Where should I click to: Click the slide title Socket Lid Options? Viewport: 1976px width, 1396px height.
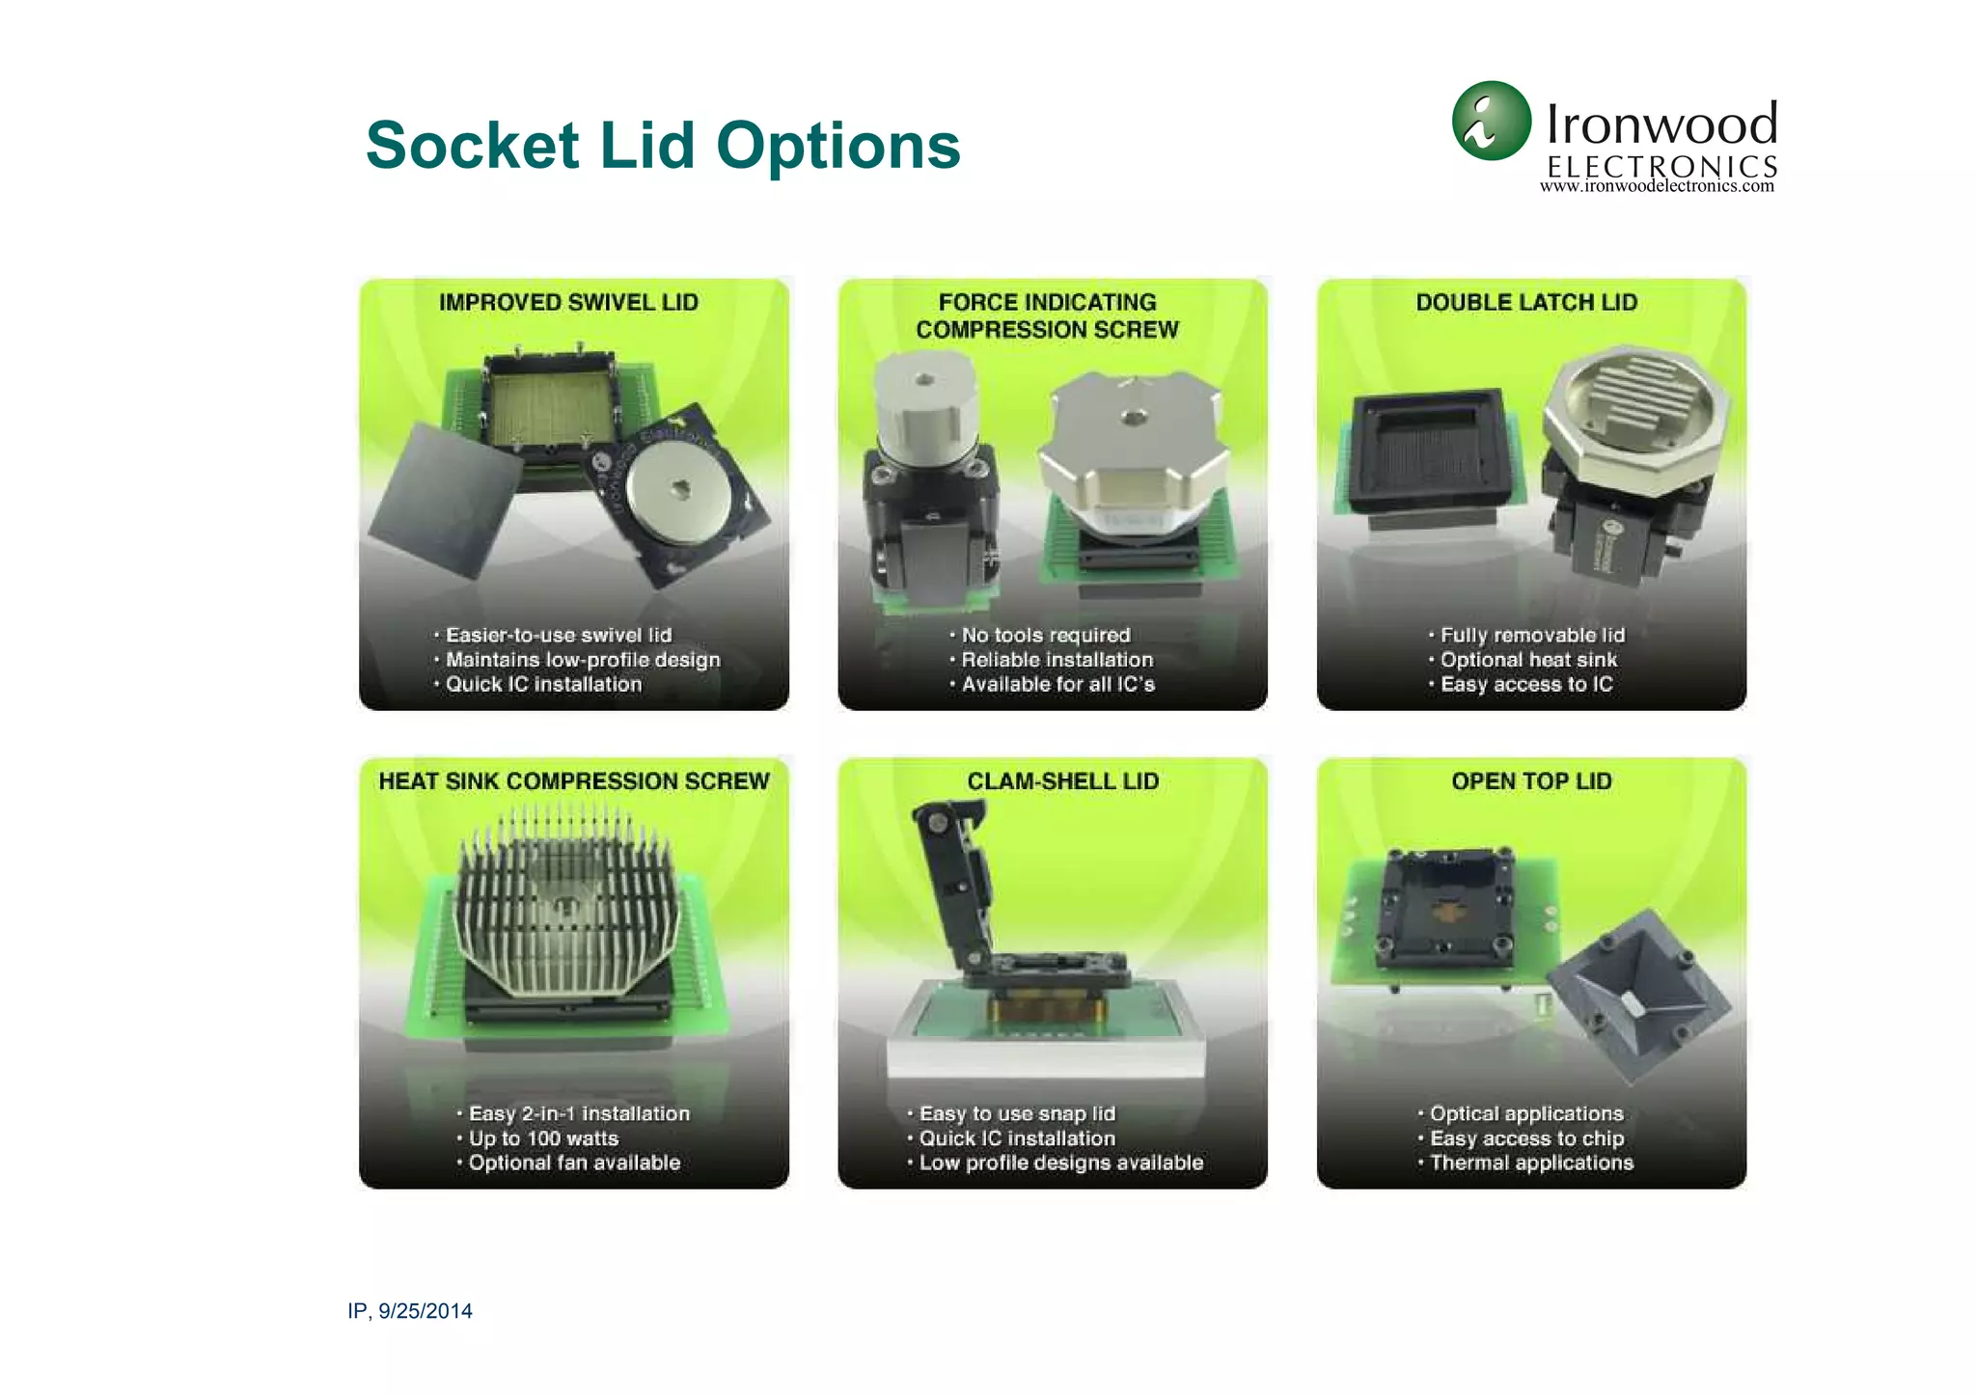point(663,146)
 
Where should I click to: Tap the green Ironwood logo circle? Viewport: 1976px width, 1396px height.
point(1491,121)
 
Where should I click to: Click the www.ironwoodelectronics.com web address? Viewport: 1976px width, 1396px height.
point(1657,187)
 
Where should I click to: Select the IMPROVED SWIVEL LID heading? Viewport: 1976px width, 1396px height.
point(568,303)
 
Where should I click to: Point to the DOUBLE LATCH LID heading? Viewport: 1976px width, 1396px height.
point(1526,303)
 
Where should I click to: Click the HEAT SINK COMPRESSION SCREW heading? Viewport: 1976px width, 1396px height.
point(574,781)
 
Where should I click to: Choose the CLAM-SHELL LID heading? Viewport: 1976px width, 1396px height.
point(1062,781)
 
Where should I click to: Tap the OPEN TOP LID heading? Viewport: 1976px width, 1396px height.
point(1531,781)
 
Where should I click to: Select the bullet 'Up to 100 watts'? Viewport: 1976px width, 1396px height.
point(543,1138)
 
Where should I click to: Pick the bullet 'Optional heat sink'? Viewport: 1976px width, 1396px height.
point(1528,660)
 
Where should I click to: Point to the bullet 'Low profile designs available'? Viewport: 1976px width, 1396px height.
point(1060,1163)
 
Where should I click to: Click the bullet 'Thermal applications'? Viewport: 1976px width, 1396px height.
point(1531,1163)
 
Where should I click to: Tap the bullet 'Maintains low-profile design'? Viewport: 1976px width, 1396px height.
point(582,660)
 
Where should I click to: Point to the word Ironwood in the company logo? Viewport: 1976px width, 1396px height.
point(1661,124)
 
